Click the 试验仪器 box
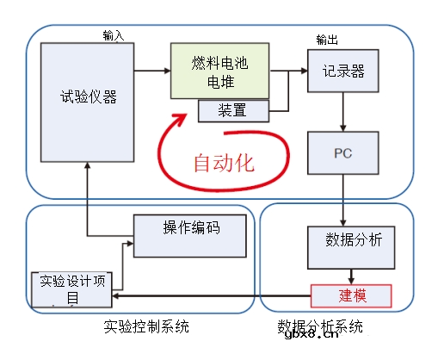(88, 98)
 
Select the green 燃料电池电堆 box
(220, 71)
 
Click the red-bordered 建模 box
(350, 295)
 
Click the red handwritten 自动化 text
(223, 160)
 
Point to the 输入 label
(113, 36)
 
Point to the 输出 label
(326, 40)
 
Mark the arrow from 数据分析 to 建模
(350, 276)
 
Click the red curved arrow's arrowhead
(180, 120)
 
